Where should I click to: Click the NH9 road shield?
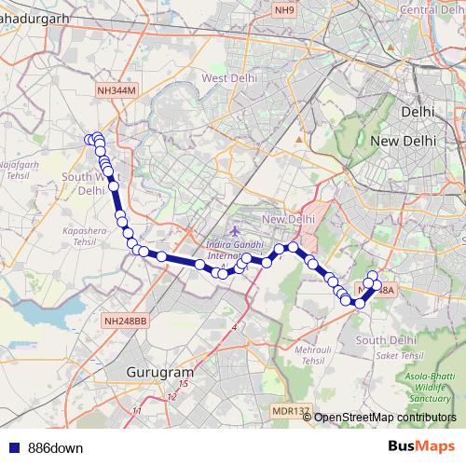[284, 9]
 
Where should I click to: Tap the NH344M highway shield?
[116, 89]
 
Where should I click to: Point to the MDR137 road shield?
[290, 410]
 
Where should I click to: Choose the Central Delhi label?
[432, 9]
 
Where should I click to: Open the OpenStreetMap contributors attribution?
[386, 417]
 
